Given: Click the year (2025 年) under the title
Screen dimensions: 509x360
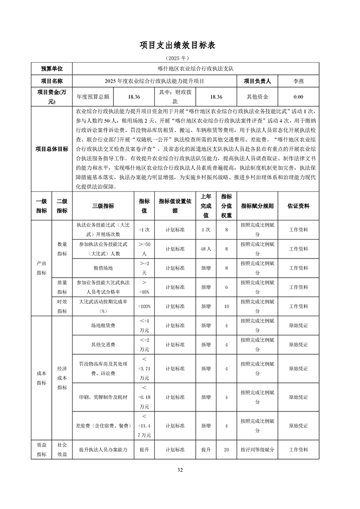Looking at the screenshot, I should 180,58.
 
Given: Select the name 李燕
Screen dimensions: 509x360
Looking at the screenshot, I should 298,81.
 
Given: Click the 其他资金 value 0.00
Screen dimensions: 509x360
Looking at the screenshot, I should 298,97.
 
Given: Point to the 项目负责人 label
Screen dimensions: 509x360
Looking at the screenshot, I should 257,81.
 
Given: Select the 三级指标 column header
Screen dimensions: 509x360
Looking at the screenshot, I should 103,206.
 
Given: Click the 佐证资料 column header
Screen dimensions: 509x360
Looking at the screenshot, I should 298,206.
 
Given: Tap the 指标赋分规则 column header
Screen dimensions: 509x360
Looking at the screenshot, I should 257,206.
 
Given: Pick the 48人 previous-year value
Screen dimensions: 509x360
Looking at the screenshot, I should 206,249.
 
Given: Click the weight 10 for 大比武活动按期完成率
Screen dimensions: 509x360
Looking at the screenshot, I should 226,306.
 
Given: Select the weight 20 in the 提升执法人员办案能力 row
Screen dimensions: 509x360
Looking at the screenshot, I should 226,450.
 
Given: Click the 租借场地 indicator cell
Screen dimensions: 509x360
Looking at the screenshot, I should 103,268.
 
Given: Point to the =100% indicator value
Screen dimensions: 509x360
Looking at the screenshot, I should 144,306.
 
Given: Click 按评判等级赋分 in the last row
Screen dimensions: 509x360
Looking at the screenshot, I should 257,450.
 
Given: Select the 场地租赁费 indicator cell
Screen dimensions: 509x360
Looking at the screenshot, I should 103,325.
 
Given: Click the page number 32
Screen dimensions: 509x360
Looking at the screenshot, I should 180,470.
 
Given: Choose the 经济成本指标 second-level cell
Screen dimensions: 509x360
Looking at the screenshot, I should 62,378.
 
